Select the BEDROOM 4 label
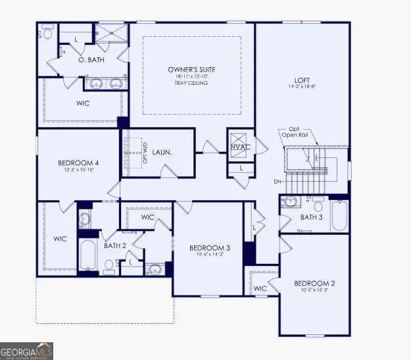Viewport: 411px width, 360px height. click(x=78, y=163)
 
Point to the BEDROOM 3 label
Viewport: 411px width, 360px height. click(x=209, y=248)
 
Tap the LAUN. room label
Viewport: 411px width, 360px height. click(x=162, y=152)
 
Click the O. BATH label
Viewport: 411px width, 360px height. click(x=91, y=60)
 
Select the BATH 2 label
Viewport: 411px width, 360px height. click(x=115, y=245)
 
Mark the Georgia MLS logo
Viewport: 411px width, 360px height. click(x=26, y=350)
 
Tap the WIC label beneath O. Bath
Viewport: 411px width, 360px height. click(x=83, y=103)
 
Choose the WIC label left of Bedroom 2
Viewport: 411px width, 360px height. click(x=260, y=288)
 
